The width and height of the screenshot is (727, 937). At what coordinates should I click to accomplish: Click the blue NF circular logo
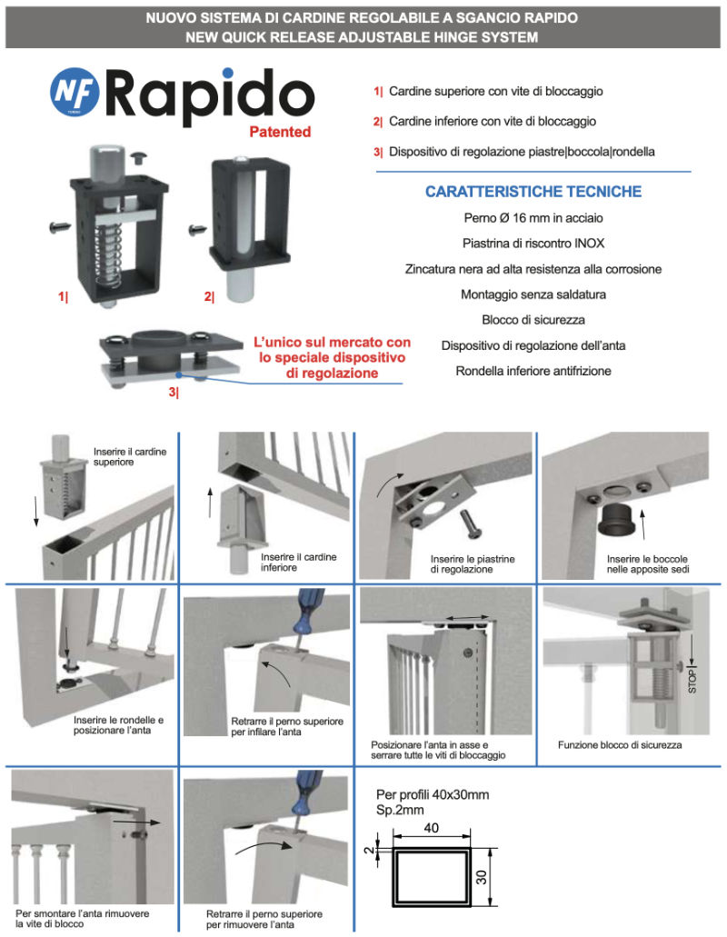[x=75, y=92]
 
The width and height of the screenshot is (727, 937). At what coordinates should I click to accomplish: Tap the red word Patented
[x=280, y=132]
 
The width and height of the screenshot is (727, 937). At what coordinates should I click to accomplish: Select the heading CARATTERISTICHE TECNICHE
[x=533, y=191]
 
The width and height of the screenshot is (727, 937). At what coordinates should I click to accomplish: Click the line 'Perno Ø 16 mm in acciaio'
[x=533, y=218]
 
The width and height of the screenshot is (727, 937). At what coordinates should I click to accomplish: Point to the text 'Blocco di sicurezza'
[x=533, y=320]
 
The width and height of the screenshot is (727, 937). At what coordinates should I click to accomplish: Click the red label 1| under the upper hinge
[x=64, y=296]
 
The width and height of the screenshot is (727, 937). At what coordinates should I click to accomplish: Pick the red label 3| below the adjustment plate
[x=174, y=392]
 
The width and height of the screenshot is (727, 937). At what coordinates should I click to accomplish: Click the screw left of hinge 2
[x=197, y=229]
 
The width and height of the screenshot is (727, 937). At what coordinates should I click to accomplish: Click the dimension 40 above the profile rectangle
[x=432, y=828]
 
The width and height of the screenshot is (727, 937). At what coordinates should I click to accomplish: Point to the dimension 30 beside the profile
[x=482, y=877]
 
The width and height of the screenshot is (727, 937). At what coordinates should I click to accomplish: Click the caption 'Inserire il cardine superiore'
[x=130, y=456]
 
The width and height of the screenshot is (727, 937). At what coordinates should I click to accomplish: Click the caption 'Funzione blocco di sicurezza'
[x=620, y=744]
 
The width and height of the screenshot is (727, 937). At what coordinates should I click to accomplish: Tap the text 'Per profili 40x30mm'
[x=433, y=795]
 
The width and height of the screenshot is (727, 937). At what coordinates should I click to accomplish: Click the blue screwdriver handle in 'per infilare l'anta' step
[x=308, y=610]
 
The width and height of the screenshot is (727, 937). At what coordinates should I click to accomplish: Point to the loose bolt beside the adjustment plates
[x=469, y=524]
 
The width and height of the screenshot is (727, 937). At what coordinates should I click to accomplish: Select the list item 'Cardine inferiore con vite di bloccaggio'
[x=493, y=121]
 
